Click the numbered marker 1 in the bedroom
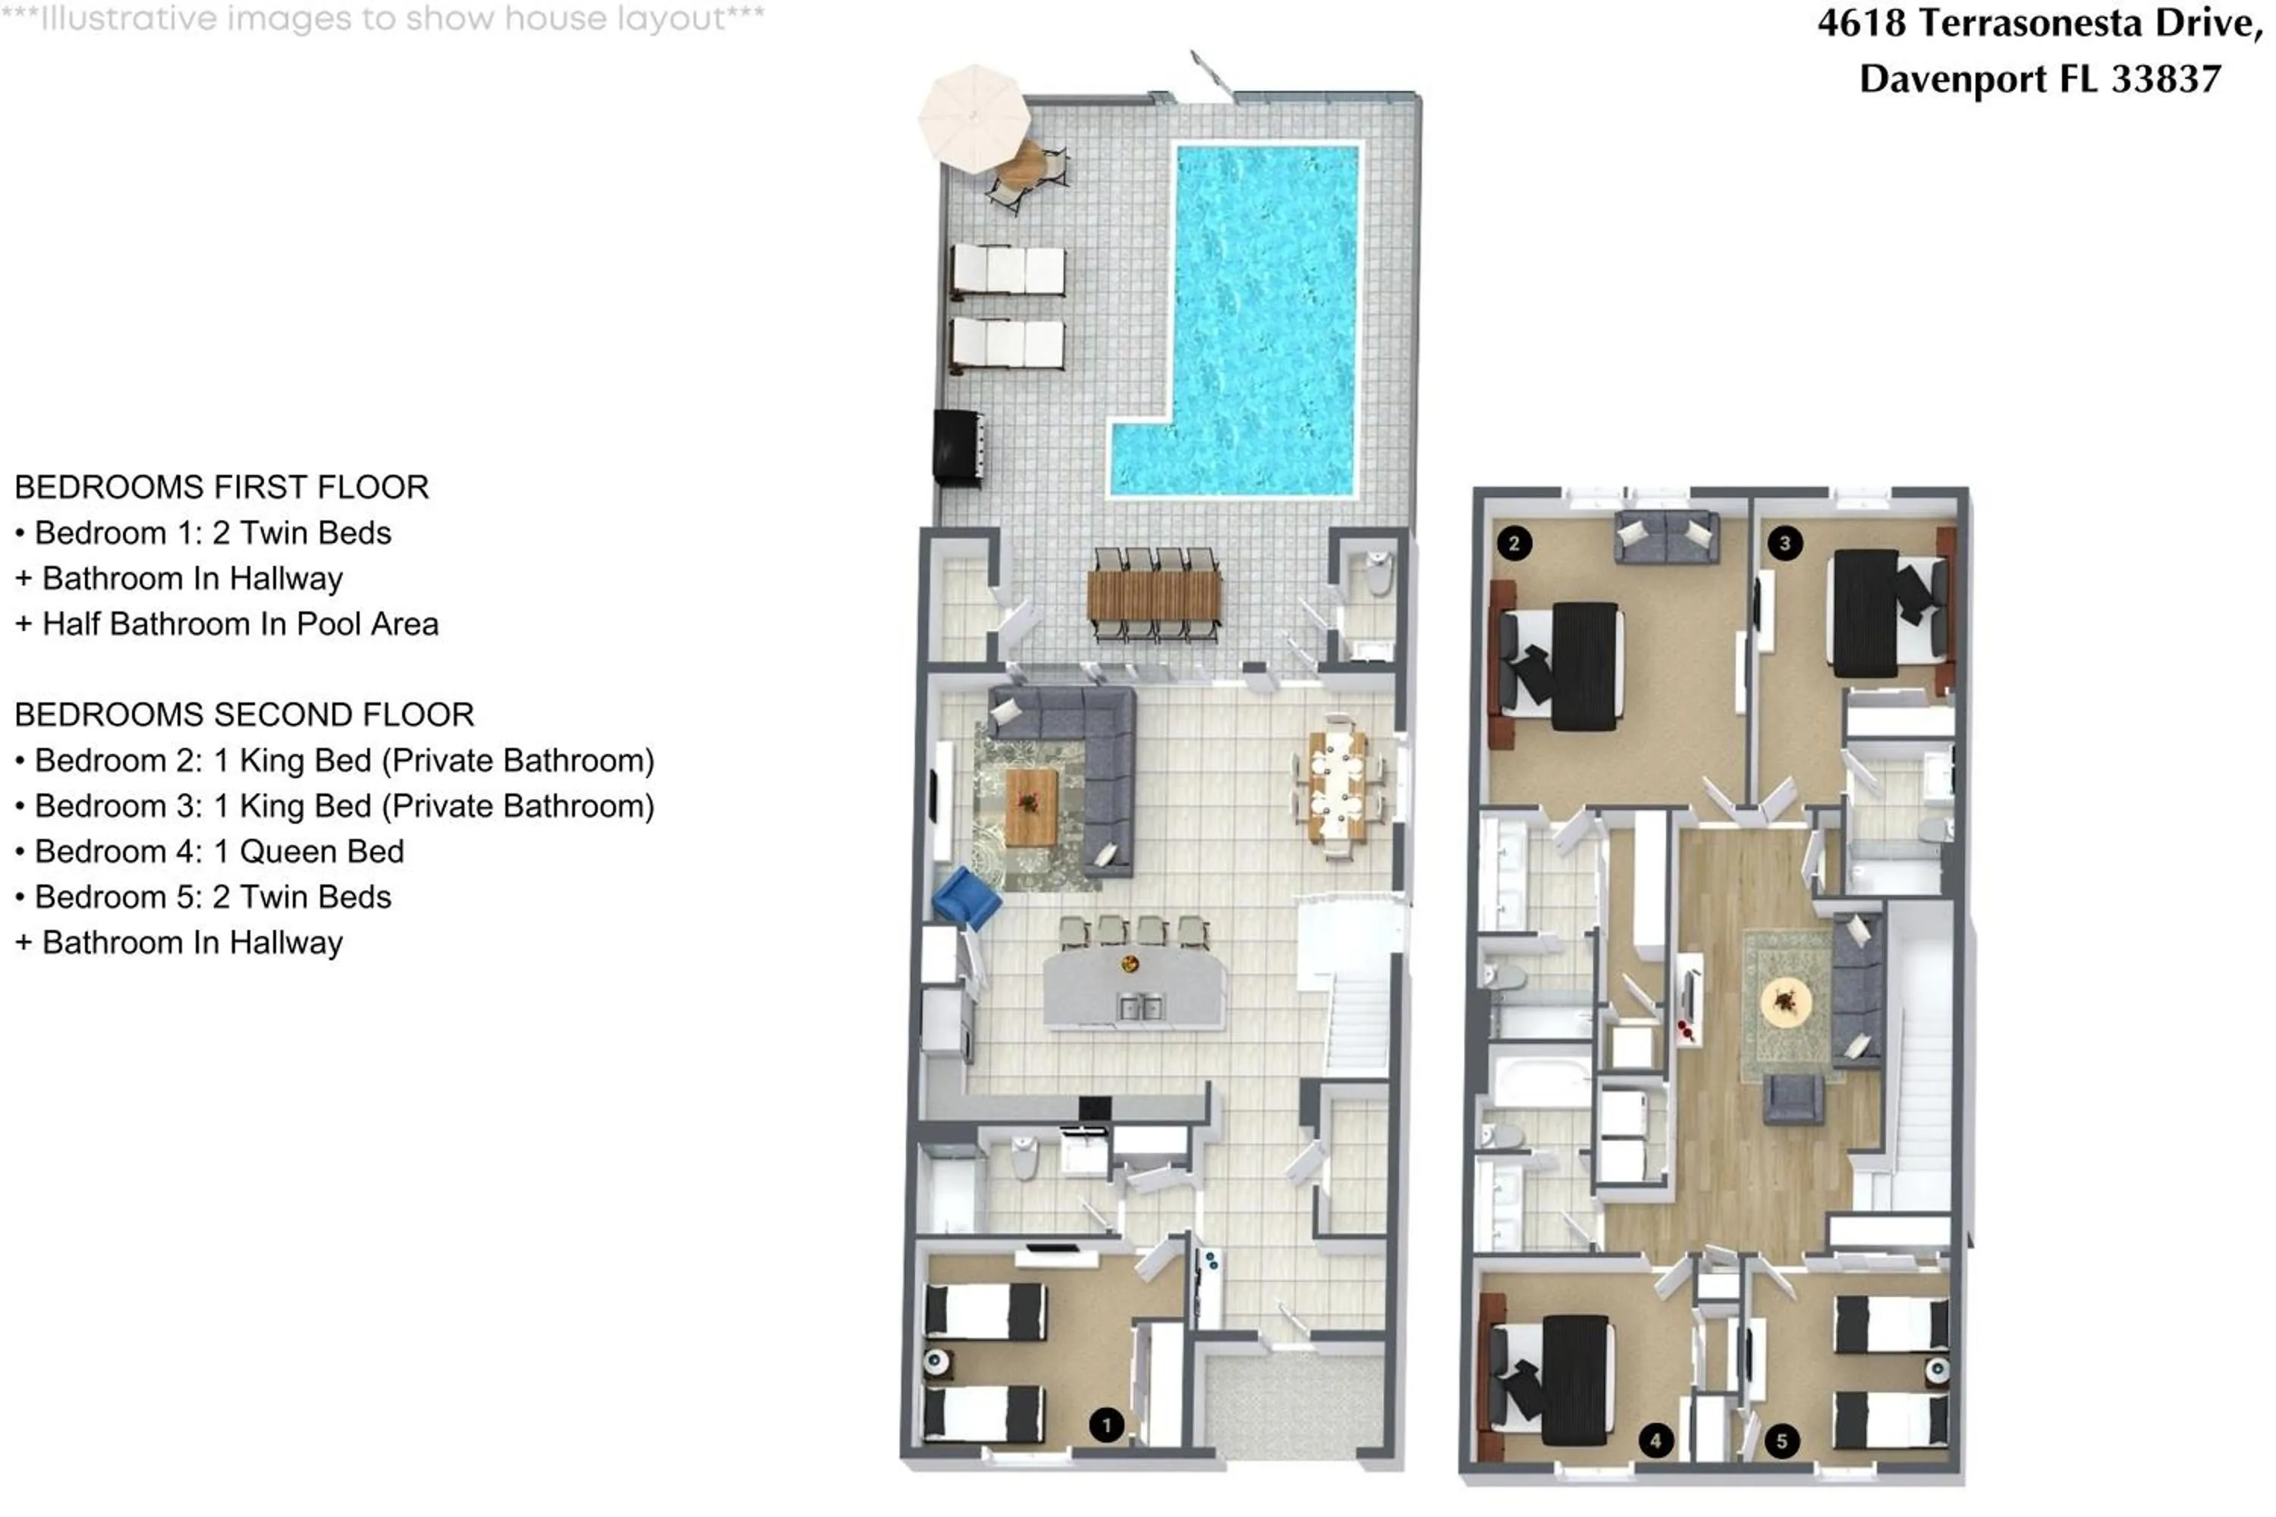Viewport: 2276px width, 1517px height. click(x=1106, y=1424)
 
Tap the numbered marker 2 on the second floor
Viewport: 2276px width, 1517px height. click(x=1514, y=543)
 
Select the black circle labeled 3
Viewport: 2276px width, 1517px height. click(x=1784, y=543)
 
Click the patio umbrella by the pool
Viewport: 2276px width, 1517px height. click(x=973, y=118)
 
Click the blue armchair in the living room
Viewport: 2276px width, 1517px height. click(x=965, y=899)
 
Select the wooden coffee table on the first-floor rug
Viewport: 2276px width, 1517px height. click(x=1030, y=806)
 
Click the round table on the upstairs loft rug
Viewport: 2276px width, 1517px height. click(x=1785, y=1000)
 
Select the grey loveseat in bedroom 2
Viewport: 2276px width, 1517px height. click(x=1666, y=537)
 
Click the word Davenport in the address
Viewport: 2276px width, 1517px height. click(x=1951, y=78)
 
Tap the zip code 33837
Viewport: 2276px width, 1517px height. click(x=2166, y=78)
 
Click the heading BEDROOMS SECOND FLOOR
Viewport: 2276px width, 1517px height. click(x=244, y=715)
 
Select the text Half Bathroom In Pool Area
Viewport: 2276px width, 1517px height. click(x=240, y=624)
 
